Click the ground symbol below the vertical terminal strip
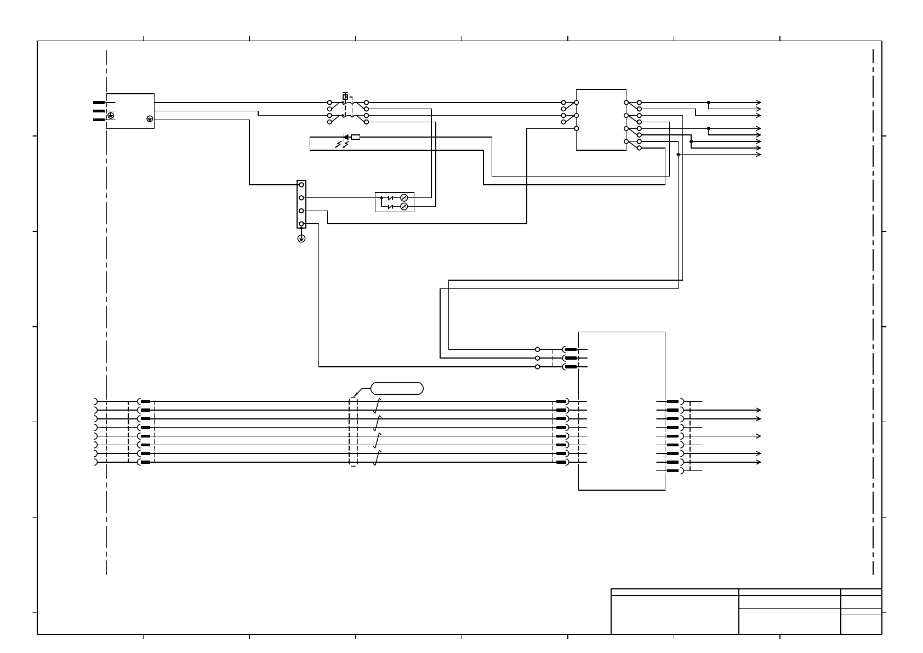pyautogui.click(x=301, y=239)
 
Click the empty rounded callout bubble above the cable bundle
pyautogui.click(x=397, y=389)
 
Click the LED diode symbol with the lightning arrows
pyautogui.click(x=346, y=137)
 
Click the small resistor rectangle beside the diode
pyautogui.click(x=355, y=137)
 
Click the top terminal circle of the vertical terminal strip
pyautogui.click(x=301, y=185)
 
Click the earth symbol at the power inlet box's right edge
pyautogui.click(x=150, y=118)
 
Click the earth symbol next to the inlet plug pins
pyautogui.click(x=111, y=116)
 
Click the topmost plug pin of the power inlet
pyautogui.click(x=99, y=103)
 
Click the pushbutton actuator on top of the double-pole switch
pyautogui.click(x=345, y=96)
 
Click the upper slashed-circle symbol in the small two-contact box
pyautogui.click(x=404, y=197)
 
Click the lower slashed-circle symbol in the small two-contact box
pyautogui.click(x=404, y=206)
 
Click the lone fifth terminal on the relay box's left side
pyautogui.click(x=576, y=128)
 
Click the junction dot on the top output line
pyautogui.click(x=708, y=103)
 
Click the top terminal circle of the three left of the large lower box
pyautogui.click(x=537, y=349)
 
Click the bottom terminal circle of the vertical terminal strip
pyautogui.click(x=301, y=224)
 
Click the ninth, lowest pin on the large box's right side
pyautogui.click(x=673, y=471)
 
